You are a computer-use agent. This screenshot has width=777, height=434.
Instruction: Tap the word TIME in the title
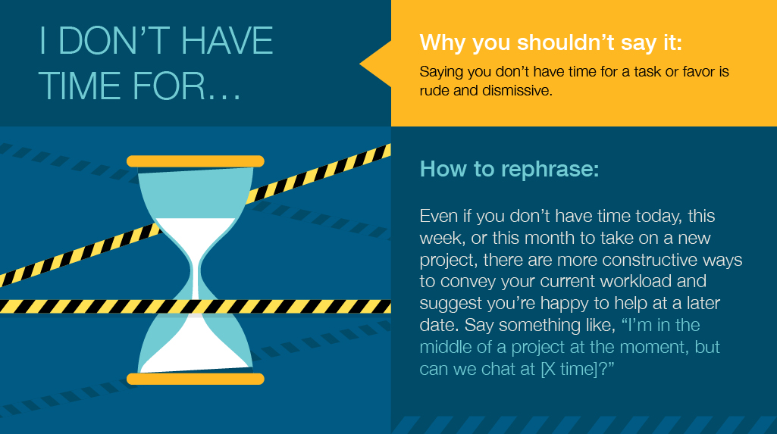click(x=79, y=86)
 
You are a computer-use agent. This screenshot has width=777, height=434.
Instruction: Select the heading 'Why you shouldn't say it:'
click(x=551, y=42)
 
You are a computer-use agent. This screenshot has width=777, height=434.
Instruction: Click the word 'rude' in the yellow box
click(x=434, y=91)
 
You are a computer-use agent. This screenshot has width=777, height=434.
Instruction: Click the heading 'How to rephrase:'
click(x=509, y=168)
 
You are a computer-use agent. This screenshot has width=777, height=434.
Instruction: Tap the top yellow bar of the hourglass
click(x=195, y=161)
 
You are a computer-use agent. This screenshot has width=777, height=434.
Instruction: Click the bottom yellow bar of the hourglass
click(x=195, y=379)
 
